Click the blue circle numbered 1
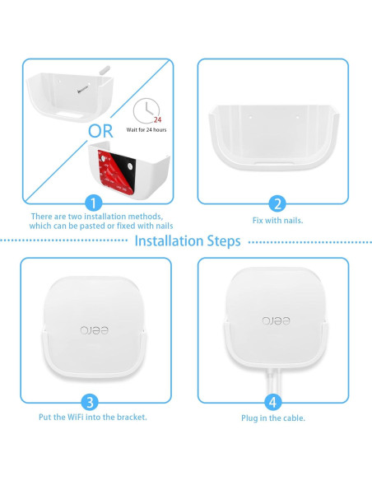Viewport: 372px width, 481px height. pyautogui.click(x=95, y=203)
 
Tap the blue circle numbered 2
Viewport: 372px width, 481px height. pyautogui.click(x=277, y=204)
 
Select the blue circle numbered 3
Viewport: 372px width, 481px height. pyautogui.click(x=92, y=402)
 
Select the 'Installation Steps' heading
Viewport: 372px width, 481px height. pyautogui.click(x=187, y=240)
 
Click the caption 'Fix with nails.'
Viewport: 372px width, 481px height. pyautogui.click(x=277, y=222)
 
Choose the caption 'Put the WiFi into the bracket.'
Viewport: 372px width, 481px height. pyautogui.click(x=92, y=417)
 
